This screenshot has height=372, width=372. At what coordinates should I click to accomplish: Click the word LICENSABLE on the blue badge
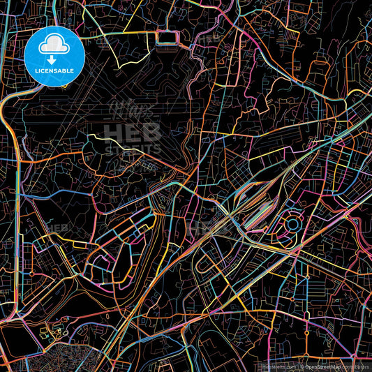coord(54,70)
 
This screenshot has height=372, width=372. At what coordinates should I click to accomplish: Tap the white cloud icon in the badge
coord(54,46)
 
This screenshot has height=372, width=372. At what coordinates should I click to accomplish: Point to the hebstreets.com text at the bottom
coord(279,366)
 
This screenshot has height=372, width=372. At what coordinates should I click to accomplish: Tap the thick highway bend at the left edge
coord(8,105)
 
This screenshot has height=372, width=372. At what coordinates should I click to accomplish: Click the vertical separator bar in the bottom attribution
coord(299,366)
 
